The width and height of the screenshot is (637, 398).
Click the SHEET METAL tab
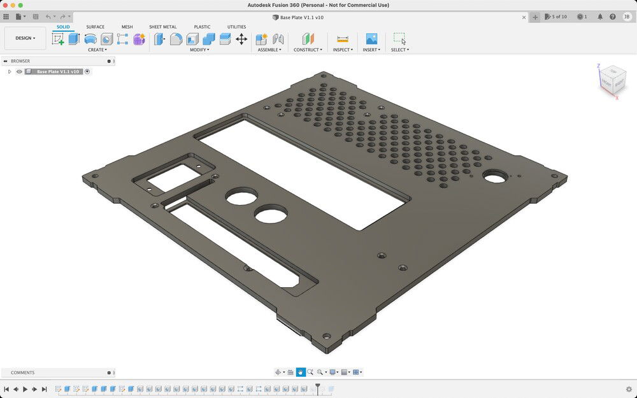(x=163, y=27)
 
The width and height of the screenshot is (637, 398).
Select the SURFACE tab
(x=96, y=27)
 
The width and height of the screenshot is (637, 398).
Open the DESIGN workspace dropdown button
(x=25, y=38)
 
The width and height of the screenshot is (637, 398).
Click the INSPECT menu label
(x=343, y=50)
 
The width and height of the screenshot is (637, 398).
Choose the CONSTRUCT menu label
(x=308, y=50)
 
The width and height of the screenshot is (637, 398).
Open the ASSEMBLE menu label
(x=269, y=50)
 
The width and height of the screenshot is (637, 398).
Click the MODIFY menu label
(x=199, y=50)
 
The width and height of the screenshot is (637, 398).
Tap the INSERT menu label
(x=371, y=50)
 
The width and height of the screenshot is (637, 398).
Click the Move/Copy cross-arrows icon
(x=241, y=39)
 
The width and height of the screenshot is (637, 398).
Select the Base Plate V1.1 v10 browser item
(x=57, y=72)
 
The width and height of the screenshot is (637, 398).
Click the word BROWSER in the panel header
(x=20, y=61)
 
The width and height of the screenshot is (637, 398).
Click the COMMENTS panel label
(x=23, y=373)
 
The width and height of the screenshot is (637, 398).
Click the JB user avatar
(x=627, y=17)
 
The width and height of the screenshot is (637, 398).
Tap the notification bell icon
(x=600, y=17)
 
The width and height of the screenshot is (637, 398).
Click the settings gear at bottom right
(x=629, y=389)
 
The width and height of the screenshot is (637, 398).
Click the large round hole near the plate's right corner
(x=493, y=176)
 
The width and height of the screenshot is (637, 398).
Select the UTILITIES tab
(x=236, y=27)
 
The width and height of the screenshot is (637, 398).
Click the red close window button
(x=5, y=5)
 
